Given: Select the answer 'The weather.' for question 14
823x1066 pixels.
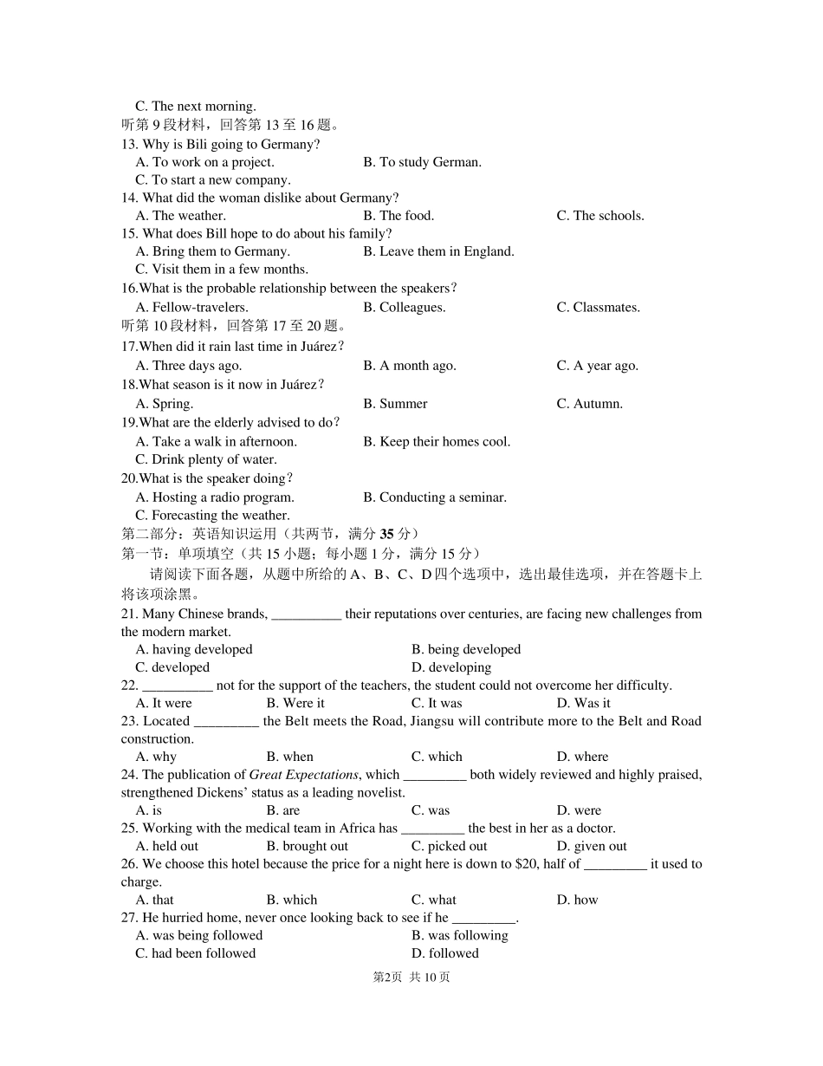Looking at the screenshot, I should pyautogui.click(x=180, y=216).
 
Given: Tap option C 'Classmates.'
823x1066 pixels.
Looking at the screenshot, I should pyautogui.click(x=598, y=308).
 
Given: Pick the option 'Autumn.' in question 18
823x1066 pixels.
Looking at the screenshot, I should pyautogui.click(x=589, y=404).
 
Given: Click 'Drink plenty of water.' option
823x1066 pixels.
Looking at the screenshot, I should pyautogui.click(x=206, y=460).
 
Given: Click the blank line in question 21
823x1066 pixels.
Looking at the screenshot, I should pyautogui.click(x=307, y=614).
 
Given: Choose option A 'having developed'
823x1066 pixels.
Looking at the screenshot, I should pyautogui.click(x=194, y=650).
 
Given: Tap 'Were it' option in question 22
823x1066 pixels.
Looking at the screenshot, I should pyautogui.click(x=295, y=704).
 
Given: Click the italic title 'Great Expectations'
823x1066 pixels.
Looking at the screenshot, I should pyautogui.click(x=303, y=775).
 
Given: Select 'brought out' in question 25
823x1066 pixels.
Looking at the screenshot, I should pyautogui.click(x=308, y=847).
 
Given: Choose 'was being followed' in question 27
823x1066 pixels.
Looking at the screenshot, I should pyautogui.click(x=199, y=936).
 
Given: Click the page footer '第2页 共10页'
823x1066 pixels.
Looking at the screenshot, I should pyautogui.click(x=411, y=978).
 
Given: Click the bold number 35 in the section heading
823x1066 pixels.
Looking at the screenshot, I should pyautogui.click(x=386, y=534).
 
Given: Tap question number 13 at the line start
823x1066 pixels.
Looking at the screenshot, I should pyautogui.click(x=129, y=145).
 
